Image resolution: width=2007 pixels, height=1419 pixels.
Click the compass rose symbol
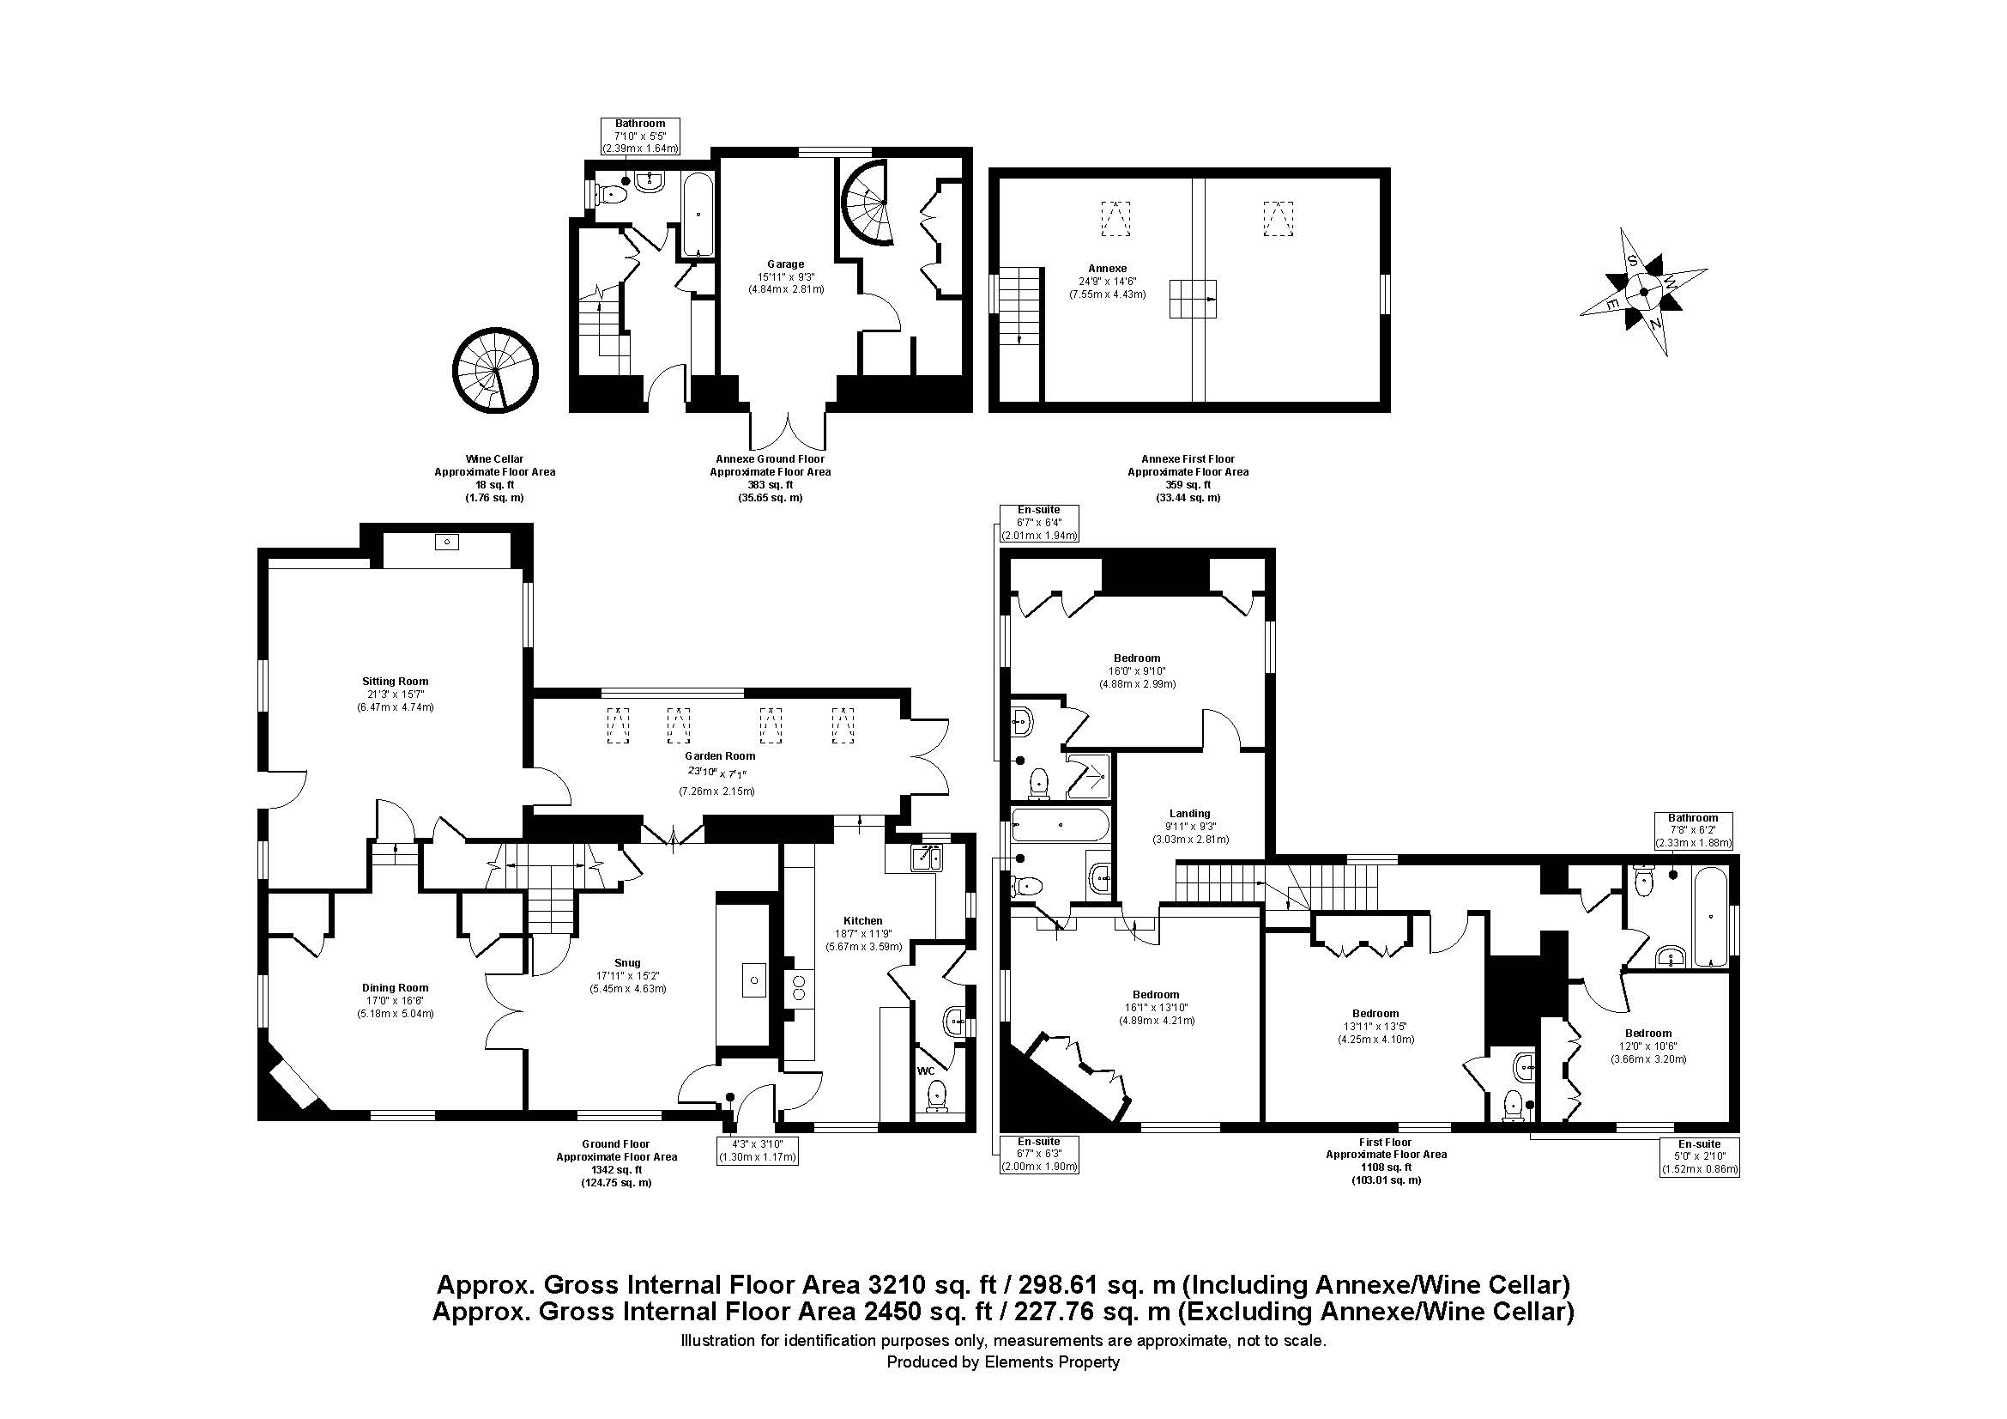(1642, 292)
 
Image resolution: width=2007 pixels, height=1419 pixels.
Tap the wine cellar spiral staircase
(496, 371)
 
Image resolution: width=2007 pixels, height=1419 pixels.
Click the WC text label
(926, 1071)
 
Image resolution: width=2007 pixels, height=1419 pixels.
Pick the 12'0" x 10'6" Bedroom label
(1648, 1046)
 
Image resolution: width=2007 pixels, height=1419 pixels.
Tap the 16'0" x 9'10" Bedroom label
(1137, 670)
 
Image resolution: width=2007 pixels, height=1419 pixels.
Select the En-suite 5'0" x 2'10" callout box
(1699, 1156)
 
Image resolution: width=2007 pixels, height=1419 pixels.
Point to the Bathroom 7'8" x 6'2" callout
(1693, 831)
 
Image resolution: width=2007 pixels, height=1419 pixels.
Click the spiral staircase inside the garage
(866, 203)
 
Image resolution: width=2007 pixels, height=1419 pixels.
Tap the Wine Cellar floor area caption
(495, 478)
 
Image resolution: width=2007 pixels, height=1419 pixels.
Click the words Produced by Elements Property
(1002, 1361)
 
